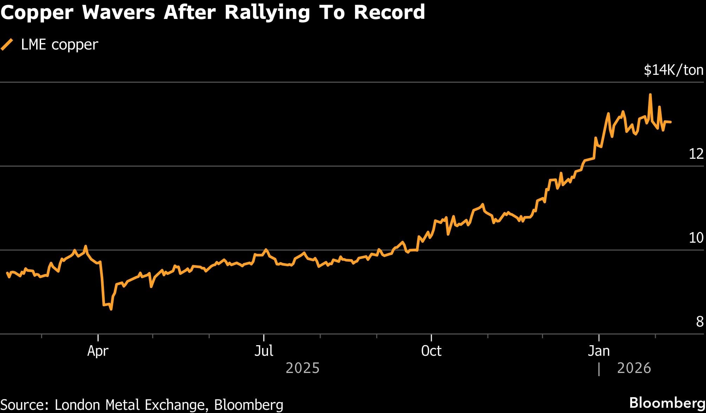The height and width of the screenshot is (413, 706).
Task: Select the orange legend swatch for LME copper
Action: pyautogui.click(x=7, y=45)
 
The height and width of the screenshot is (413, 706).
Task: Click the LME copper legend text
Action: pyautogui.click(x=59, y=45)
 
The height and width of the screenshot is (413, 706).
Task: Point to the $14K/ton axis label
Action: pyautogui.click(x=673, y=70)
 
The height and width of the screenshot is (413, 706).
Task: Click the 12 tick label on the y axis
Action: pyautogui.click(x=696, y=154)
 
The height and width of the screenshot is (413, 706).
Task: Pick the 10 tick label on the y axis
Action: pyautogui.click(x=696, y=238)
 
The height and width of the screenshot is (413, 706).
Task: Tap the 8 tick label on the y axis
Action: pyautogui.click(x=700, y=322)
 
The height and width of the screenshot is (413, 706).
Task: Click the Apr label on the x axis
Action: pyautogui.click(x=98, y=351)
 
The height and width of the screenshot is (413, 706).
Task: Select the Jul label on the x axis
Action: pyautogui.click(x=263, y=351)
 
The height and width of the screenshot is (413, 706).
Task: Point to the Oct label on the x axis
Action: pyautogui.click(x=431, y=351)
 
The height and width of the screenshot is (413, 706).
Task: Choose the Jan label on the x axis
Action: pyautogui.click(x=599, y=351)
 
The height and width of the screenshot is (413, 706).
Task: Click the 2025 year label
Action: pyautogui.click(x=302, y=368)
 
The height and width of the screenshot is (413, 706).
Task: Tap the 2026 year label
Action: pyautogui.click(x=634, y=368)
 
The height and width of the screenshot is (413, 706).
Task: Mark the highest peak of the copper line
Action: pyautogui.click(x=650, y=94)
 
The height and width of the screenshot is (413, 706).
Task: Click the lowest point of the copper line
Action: pyautogui.click(x=111, y=309)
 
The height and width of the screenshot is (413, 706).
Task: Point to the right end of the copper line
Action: pyautogui.click(x=671, y=122)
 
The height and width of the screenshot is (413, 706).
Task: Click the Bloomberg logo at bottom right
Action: pyautogui.click(x=667, y=403)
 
